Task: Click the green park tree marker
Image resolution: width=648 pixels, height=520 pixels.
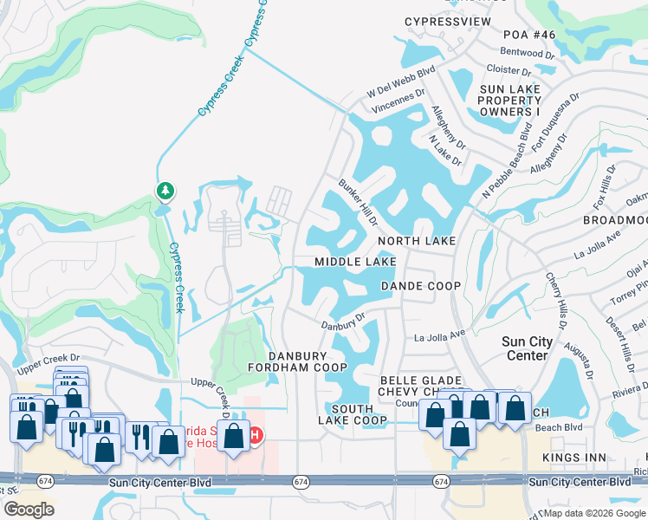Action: (165, 190)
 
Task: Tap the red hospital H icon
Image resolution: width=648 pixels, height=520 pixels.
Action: (256, 434)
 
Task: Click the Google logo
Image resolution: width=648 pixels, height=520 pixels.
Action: (29, 510)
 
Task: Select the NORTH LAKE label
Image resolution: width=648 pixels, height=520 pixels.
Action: (416, 240)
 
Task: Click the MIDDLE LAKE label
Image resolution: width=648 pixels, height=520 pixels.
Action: (355, 261)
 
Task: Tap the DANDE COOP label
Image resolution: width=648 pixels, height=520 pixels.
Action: (420, 285)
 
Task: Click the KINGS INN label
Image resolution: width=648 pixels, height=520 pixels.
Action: (571, 456)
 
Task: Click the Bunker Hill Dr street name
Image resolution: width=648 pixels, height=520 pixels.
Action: (358, 201)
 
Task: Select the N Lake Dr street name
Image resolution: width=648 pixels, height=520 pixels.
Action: (445, 149)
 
